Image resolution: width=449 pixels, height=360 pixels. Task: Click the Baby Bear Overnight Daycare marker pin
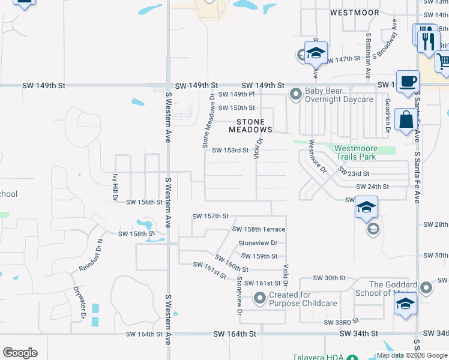pyautogui.click(x=295, y=94)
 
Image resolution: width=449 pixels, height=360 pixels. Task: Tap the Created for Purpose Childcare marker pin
pyautogui.click(x=260, y=298)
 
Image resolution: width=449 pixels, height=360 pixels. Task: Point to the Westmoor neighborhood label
pyautogui.click(x=354, y=13)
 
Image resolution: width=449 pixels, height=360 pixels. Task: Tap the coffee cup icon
pyautogui.click(x=408, y=82)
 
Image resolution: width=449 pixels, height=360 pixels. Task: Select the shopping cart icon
pyautogui.click(x=444, y=62)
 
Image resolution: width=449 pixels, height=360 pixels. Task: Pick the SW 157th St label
pyautogui.click(x=211, y=216)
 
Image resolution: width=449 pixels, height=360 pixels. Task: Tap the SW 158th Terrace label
pyautogui.click(x=259, y=229)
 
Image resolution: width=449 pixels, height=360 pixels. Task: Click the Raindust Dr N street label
pyautogui.click(x=90, y=255)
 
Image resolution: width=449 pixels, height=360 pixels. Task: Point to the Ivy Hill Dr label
pyautogui.click(x=114, y=188)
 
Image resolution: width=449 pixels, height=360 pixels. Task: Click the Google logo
pyautogui.click(x=20, y=353)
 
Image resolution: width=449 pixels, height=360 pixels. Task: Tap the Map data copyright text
pyautogui.click(x=411, y=355)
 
